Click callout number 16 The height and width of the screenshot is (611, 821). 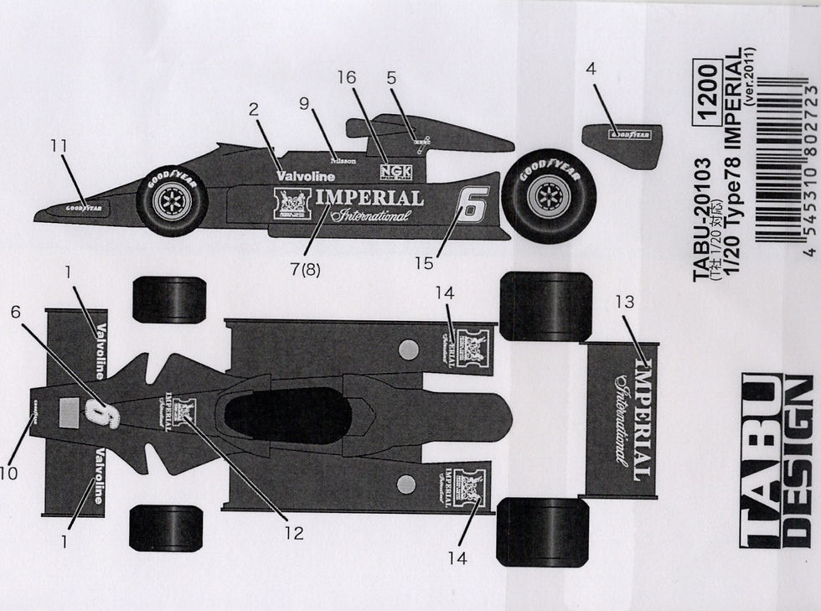[347, 76]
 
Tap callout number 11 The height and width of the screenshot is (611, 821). [58, 145]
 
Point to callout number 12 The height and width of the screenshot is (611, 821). [293, 532]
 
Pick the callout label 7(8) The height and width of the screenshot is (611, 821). [304, 269]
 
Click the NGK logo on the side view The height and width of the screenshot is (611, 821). [396, 172]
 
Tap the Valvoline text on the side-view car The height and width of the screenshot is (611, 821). [305, 176]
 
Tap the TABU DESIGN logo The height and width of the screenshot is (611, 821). [776, 460]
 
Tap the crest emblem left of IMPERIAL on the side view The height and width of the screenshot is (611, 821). [292, 204]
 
